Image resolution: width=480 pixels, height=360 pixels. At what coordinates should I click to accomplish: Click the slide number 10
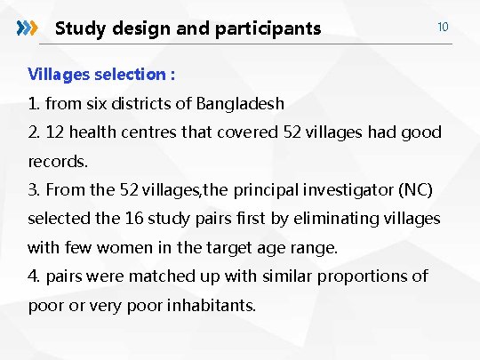click(x=442, y=27)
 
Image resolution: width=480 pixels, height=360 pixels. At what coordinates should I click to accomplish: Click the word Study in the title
click(x=78, y=28)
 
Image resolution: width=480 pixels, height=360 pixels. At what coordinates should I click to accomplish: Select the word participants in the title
click(x=269, y=28)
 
